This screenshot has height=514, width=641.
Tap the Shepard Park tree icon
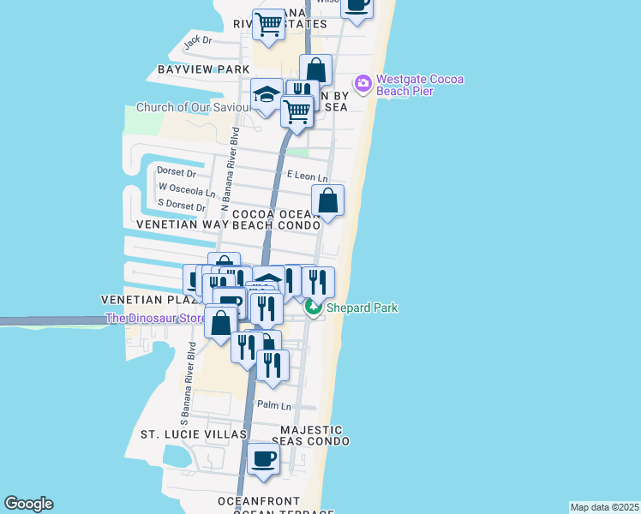click(315, 308)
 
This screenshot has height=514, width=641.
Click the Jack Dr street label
click(197, 39)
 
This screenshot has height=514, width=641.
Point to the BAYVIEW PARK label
click(203, 69)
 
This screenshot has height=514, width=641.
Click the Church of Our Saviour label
click(193, 108)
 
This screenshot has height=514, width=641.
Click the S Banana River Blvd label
click(188, 383)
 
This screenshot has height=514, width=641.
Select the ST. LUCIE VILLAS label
click(194, 435)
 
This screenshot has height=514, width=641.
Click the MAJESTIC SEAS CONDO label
click(310, 435)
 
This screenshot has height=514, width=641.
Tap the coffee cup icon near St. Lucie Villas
click(264, 460)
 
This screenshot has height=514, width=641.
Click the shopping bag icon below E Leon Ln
click(327, 202)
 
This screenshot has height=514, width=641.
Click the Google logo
click(28, 504)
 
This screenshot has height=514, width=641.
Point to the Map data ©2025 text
click(604, 507)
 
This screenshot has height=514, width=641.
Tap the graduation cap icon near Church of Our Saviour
click(267, 95)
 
